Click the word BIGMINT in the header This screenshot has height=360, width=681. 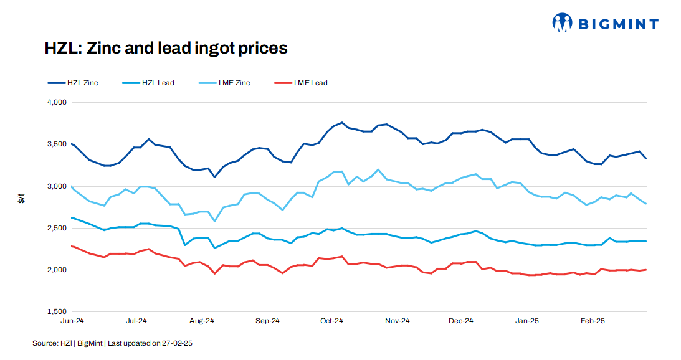click(618, 24)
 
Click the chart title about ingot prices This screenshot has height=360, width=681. click(166, 48)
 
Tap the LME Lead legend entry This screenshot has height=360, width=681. click(310, 83)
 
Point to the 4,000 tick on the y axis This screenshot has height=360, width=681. click(57, 102)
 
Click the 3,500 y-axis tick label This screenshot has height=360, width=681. click(57, 144)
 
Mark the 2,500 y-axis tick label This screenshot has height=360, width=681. click(57, 228)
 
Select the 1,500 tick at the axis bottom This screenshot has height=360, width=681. click(57, 311)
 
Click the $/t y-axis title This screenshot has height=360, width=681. click(21, 199)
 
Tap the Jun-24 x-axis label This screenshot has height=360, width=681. click(72, 321)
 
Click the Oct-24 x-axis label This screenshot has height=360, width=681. click(331, 321)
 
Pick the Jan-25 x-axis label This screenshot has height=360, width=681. click(527, 321)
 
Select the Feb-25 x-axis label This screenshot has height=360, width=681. click(592, 321)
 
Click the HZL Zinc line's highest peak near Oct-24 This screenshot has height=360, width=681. click(342, 123)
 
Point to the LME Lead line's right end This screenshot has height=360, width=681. click(646, 270)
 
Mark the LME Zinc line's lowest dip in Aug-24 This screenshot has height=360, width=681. click(214, 221)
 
